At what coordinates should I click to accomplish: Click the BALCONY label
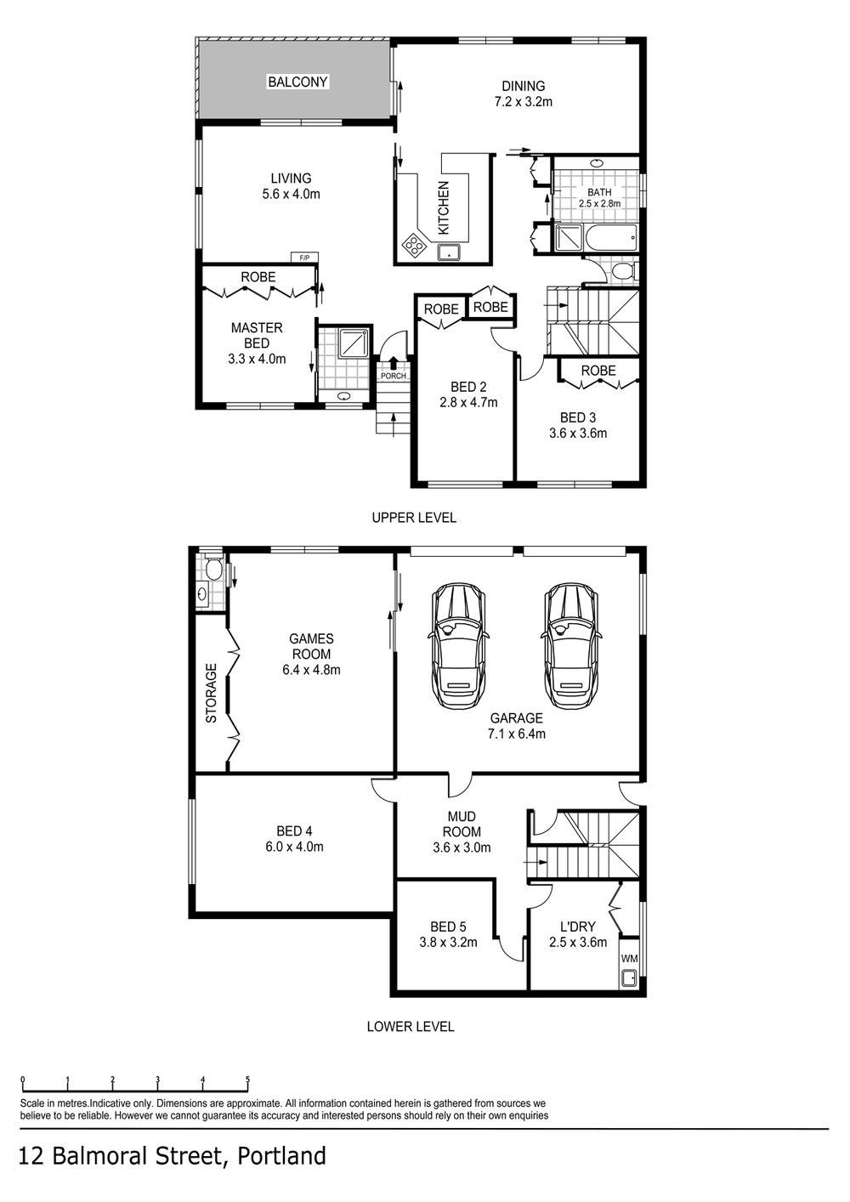click(x=297, y=82)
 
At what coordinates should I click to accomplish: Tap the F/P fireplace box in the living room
click(x=304, y=258)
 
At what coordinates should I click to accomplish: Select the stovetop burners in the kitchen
click(x=414, y=245)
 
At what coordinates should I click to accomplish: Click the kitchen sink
click(x=448, y=252)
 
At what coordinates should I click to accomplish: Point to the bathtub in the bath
click(x=610, y=237)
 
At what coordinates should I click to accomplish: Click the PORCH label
click(x=394, y=377)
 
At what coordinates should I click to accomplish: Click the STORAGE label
click(x=211, y=693)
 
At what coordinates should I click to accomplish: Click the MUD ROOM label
click(x=462, y=825)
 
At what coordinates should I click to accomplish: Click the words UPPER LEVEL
click(x=414, y=518)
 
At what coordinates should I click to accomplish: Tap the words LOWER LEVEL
click(x=411, y=1027)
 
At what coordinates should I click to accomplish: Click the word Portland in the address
click(x=281, y=1156)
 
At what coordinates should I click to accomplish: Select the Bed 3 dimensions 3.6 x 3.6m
click(x=578, y=433)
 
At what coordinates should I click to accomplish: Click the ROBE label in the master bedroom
click(x=258, y=277)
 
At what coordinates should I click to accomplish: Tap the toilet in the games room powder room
click(x=213, y=569)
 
